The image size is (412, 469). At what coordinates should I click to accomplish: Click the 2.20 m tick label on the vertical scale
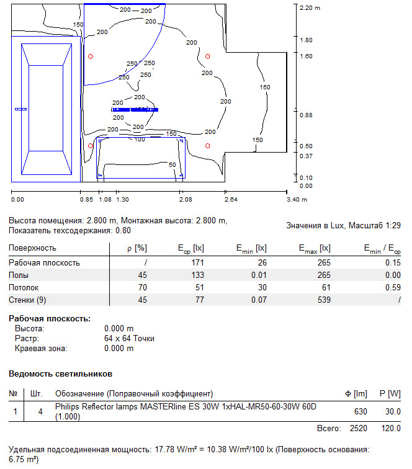click(x=310, y=8)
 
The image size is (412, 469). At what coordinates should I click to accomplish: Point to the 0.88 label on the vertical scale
click(x=306, y=115)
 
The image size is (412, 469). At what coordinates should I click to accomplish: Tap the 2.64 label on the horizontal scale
click(x=231, y=200)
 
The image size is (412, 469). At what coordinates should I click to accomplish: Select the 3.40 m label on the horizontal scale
click(x=297, y=200)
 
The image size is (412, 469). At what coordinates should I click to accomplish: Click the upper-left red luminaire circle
click(x=91, y=56)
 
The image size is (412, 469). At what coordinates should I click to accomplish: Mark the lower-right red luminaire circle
click(x=208, y=146)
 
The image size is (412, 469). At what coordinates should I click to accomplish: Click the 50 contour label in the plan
click(x=172, y=164)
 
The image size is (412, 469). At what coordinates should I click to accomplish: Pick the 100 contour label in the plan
click(x=140, y=140)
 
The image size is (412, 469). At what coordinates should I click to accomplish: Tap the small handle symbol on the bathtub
click(x=20, y=109)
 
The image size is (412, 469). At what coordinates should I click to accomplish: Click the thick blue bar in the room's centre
click(x=135, y=110)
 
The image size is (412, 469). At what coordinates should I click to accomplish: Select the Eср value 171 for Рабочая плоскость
click(x=197, y=262)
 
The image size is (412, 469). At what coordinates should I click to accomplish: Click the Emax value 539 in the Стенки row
click(x=324, y=300)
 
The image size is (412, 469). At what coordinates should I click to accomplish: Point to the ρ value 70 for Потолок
click(x=143, y=287)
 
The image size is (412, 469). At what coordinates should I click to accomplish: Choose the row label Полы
click(x=19, y=275)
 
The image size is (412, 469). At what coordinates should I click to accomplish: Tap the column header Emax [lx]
click(x=315, y=249)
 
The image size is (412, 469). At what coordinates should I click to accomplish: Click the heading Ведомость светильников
click(x=60, y=374)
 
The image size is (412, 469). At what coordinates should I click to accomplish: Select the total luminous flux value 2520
click(x=359, y=428)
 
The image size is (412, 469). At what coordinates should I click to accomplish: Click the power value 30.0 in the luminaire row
click(x=393, y=411)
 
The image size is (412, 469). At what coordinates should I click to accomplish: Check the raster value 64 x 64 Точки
click(x=129, y=338)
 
